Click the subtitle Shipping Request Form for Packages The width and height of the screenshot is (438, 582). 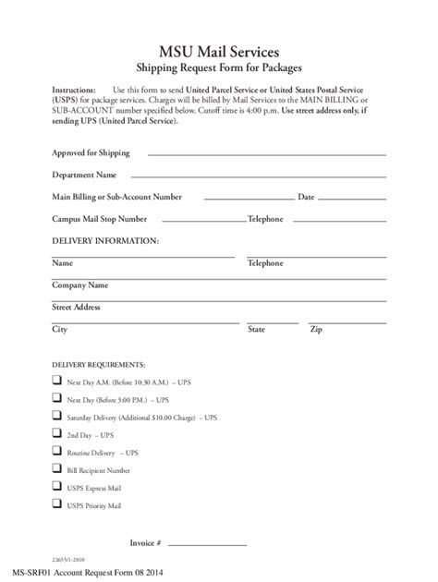click(x=219, y=67)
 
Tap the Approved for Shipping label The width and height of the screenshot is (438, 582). click(x=91, y=152)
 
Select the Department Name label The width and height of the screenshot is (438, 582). click(x=84, y=175)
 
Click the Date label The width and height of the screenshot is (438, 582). click(x=306, y=197)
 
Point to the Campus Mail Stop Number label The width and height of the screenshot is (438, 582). click(x=100, y=219)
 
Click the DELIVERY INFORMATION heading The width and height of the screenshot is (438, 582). click(x=105, y=240)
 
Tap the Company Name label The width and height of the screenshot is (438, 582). click(x=79, y=285)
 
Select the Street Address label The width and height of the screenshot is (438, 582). click(x=77, y=307)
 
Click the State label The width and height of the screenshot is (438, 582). click(x=256, y=329)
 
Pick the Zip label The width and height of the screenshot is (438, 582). click(x=315, y=329)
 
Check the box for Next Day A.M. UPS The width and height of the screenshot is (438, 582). click(x=57, y=381)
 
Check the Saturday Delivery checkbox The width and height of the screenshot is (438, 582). click(x=57, y=417)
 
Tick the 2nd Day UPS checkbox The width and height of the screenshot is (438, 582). click(x=57, y=434)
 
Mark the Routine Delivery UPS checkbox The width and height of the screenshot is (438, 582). click(x=57, y=453)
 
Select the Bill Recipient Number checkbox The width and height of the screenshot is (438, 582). click(x=57, y=470)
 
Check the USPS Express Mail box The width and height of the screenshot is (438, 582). click(x=57, y=488)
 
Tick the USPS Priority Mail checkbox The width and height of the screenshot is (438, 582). click(x=57, y=506)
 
